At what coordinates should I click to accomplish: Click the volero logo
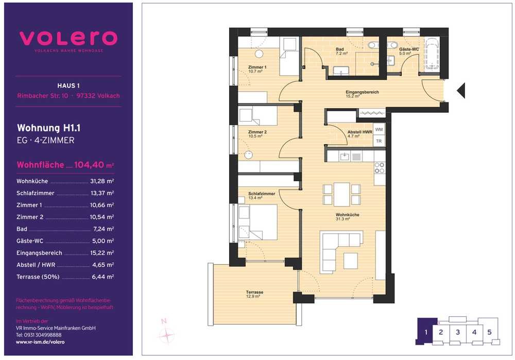[68, 39]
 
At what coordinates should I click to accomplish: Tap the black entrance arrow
[461, 90]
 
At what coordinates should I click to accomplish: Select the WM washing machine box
[379, 129]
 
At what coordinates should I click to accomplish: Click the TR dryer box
[379, 141]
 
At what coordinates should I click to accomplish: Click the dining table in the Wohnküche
[341, 194]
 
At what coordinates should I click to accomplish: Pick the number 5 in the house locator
[489, 332]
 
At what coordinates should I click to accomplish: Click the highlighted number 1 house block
[426, 332]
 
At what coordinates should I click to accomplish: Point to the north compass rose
[166, 333]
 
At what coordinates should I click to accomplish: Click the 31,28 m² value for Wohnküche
[102, 181]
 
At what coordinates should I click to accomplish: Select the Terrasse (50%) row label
[38, 277]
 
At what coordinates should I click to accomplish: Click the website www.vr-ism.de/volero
[40, 342]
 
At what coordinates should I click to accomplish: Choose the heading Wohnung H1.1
[48, 128]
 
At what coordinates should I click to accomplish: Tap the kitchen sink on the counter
[345, 156]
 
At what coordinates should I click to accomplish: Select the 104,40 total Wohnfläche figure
[89, 165]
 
